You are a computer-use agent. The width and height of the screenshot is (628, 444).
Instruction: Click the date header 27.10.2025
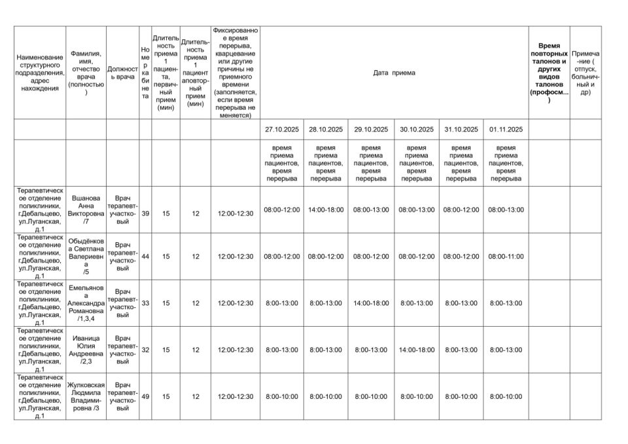(x=282, y=130)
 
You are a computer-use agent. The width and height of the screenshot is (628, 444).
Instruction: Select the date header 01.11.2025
(x=506, y=130)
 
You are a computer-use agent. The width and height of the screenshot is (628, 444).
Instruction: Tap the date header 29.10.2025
(x=371, y=130)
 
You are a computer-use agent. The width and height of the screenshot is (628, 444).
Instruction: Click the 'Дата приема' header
(x=394, y=73)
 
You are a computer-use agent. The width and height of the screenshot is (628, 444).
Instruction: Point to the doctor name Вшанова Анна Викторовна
(x=86, y=210)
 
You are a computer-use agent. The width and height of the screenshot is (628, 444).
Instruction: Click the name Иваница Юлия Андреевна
(x=86, y=350)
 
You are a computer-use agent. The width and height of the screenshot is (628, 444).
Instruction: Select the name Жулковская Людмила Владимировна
(x=86, y=396)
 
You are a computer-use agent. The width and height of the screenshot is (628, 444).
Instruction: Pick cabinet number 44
(x=145, y=257)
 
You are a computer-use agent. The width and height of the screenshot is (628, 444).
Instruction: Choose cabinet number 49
(x=145, y=396)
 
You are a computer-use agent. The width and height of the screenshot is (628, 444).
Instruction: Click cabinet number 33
(x=145, y=303)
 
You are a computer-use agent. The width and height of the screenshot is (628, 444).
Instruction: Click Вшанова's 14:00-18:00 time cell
(x=326, y=210)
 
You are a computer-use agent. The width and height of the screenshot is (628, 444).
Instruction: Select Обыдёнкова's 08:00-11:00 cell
(x=506, y=257)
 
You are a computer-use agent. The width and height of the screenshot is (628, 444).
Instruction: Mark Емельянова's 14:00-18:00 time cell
(x=371, y=303)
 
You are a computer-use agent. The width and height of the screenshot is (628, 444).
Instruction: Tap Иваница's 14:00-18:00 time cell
(x=417, y=350)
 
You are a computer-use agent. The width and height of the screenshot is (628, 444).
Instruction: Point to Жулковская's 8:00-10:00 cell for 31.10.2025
(x=461, y=396)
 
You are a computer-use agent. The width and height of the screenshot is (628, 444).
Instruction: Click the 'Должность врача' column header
(x=122, y=73)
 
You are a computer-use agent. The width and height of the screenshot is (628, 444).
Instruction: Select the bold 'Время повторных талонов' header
(x=549, y=73)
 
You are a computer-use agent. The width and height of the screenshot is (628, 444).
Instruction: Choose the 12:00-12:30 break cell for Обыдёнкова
(x=235, y=257)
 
